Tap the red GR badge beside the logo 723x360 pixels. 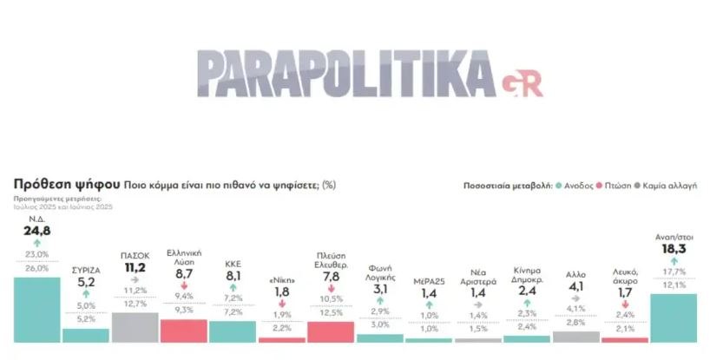point(521,84)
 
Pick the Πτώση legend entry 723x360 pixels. point(616,186)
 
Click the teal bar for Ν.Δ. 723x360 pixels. point(36,311)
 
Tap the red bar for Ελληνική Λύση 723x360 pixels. point(184,331)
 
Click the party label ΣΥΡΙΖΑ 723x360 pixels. point(85,270)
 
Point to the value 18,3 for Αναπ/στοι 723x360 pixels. point(673,248)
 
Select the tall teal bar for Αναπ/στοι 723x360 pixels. point(673,317)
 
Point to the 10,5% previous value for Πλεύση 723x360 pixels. point(332,298)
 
